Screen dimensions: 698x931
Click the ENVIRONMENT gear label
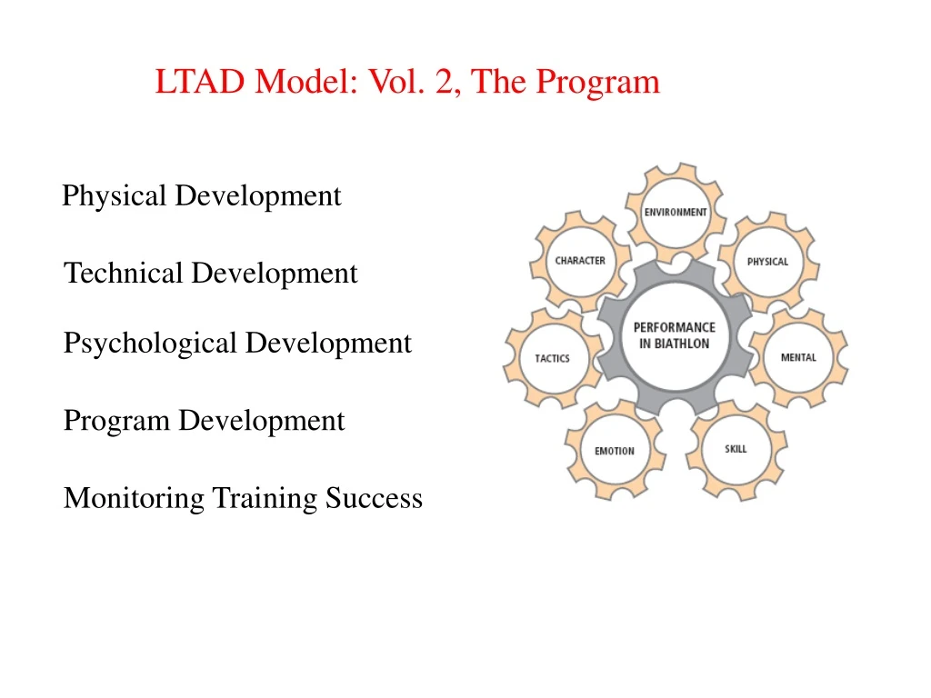click(x=676, y=212)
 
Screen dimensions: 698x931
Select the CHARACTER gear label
click(x=580, y=261)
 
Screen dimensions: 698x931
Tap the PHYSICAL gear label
click(x=767, y=262)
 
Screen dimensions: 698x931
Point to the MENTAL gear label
click(x=798, y=357)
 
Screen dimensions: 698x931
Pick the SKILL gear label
click(x=736, y=449)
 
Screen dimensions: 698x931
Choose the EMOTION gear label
click(x=615, y=451)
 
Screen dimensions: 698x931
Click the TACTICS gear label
click(x=552, y=358)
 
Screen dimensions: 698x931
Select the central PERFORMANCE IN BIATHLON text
click(x=675, y=335)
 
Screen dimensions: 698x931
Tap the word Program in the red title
click(x=596, y=82)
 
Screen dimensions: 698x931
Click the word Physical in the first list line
click(x=115, y=196)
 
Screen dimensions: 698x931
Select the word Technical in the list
click(x=124, y=274)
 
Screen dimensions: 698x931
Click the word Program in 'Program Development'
click(x=116, y=422)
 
